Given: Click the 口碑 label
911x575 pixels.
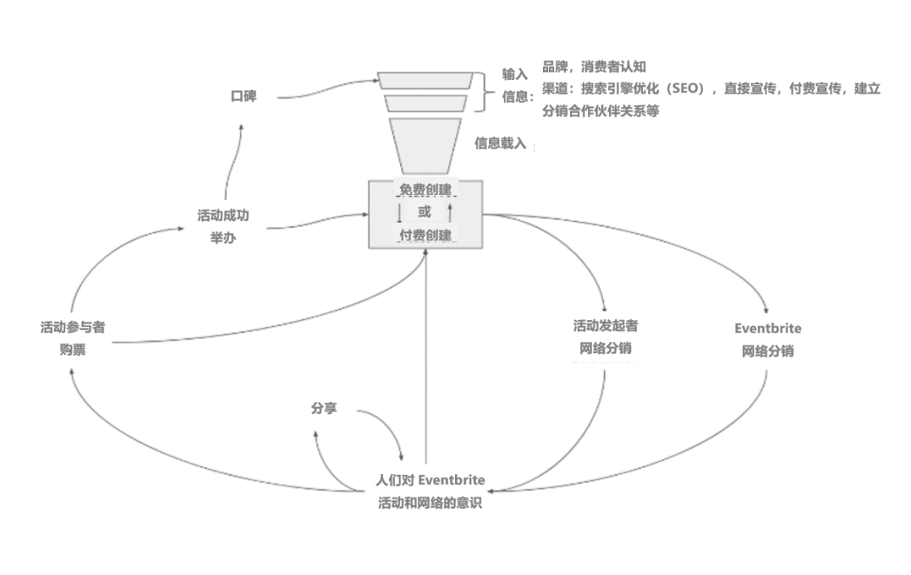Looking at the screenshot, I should [x=243, y=97].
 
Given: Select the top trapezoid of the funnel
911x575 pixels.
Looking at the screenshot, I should [x=425, y=80].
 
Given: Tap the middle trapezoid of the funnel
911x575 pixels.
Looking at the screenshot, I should [x=425, y=104].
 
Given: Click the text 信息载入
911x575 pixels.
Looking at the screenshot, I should [x=500, y=144].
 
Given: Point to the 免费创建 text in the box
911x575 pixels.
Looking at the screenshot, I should [x=425, y=191].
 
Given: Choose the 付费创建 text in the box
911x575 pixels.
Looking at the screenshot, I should [x=425, y=236].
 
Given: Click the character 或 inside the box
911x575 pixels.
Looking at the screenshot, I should [x=425, y=212].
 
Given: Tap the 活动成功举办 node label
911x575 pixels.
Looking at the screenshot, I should [x=223, y=226].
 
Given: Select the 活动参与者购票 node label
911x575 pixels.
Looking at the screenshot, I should [x=73, y=338].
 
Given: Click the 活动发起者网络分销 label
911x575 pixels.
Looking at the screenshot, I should [x=606, y=338].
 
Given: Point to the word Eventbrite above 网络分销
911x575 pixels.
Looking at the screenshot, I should [x=767, y=329].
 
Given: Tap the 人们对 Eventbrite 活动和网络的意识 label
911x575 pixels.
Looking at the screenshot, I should [x=430, y=491].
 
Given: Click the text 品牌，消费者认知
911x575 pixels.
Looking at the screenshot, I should [x=594, y=66].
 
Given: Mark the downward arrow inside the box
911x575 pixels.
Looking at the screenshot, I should [x=399, y=213].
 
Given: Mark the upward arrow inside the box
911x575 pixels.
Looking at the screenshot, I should [x=450, y=213].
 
